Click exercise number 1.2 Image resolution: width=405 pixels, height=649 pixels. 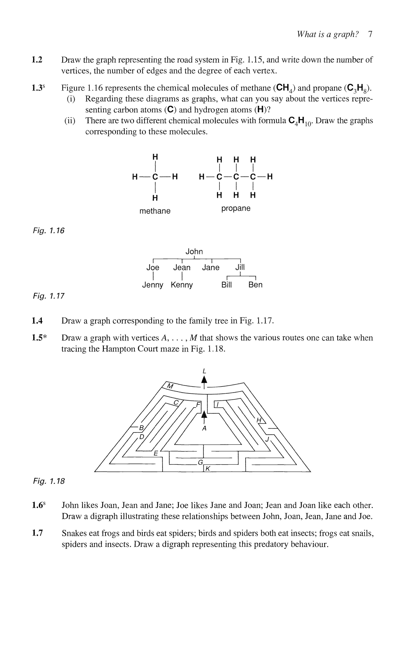(37, 60)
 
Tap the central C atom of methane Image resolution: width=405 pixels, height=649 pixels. (155, 177)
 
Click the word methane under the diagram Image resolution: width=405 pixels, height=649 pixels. (155, 211)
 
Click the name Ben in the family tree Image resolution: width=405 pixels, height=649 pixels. (255, 285)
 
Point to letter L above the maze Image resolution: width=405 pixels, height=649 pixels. (204, 371)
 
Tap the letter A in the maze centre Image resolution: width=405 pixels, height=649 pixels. (204, 428)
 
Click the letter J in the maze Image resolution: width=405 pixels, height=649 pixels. (267, 439)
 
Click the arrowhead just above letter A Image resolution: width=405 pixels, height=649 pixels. (204, 415)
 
